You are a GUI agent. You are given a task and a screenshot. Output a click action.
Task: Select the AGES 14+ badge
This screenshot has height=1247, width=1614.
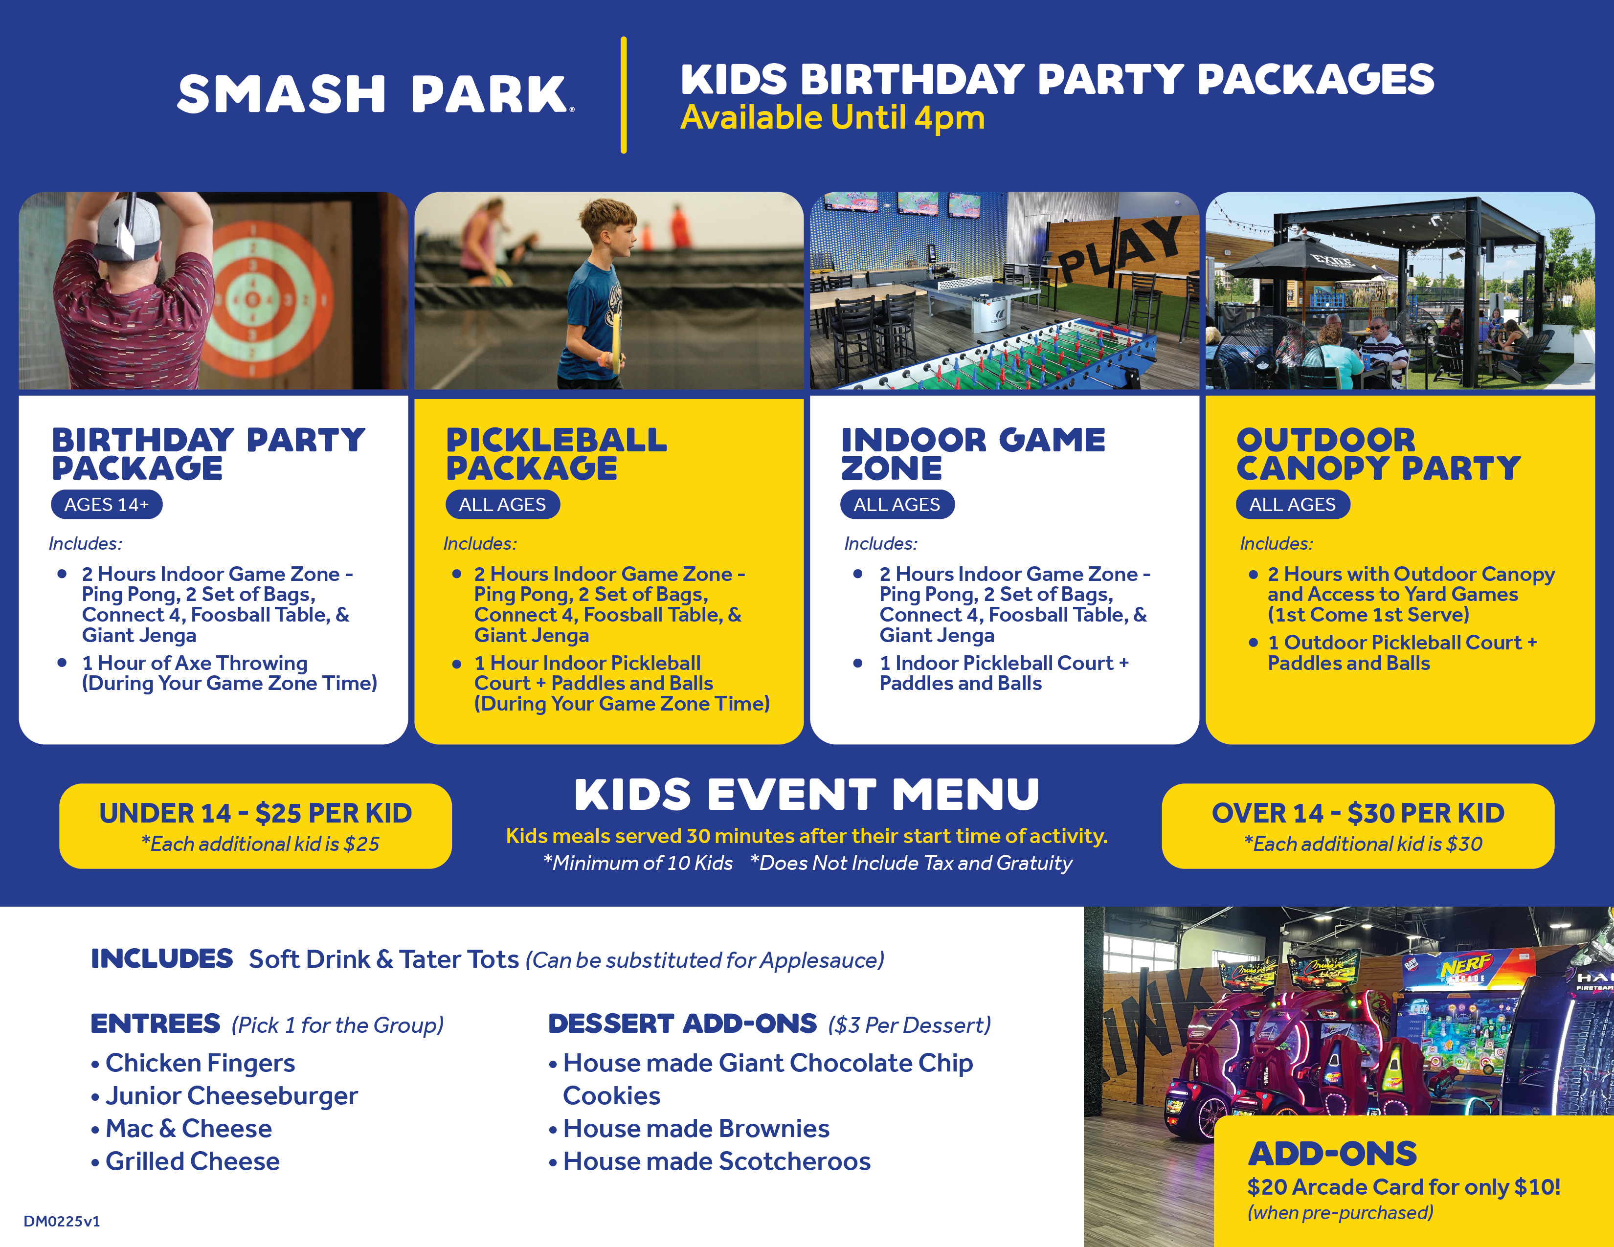[x=107, y=505]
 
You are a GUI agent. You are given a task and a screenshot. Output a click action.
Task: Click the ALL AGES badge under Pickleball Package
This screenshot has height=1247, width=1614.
[x=502, y=505]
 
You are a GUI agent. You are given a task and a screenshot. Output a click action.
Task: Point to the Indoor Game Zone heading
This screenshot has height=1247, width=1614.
[x=972, y=454]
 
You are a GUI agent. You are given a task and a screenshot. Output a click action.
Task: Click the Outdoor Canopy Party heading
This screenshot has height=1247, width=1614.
[x=1378, y=454]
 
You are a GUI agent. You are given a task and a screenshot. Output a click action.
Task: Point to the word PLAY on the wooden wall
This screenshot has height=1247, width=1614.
[x=1120, y=251]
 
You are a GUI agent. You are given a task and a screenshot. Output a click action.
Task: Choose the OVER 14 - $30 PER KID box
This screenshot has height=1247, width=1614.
[x=1358, y=826]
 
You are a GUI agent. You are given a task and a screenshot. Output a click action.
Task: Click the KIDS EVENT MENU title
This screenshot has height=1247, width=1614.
[x=806, y=795]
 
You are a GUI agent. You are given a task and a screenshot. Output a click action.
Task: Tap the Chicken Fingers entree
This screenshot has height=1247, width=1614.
[x=193, y=1063]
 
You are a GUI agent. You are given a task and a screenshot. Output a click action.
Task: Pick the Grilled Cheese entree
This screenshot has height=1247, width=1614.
[x=185, y=1161]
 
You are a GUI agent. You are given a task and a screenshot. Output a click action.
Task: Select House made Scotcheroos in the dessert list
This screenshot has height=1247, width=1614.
[x=710, y=1161]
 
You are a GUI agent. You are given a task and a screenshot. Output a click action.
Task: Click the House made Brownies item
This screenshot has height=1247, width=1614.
[x=689, y=1129]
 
